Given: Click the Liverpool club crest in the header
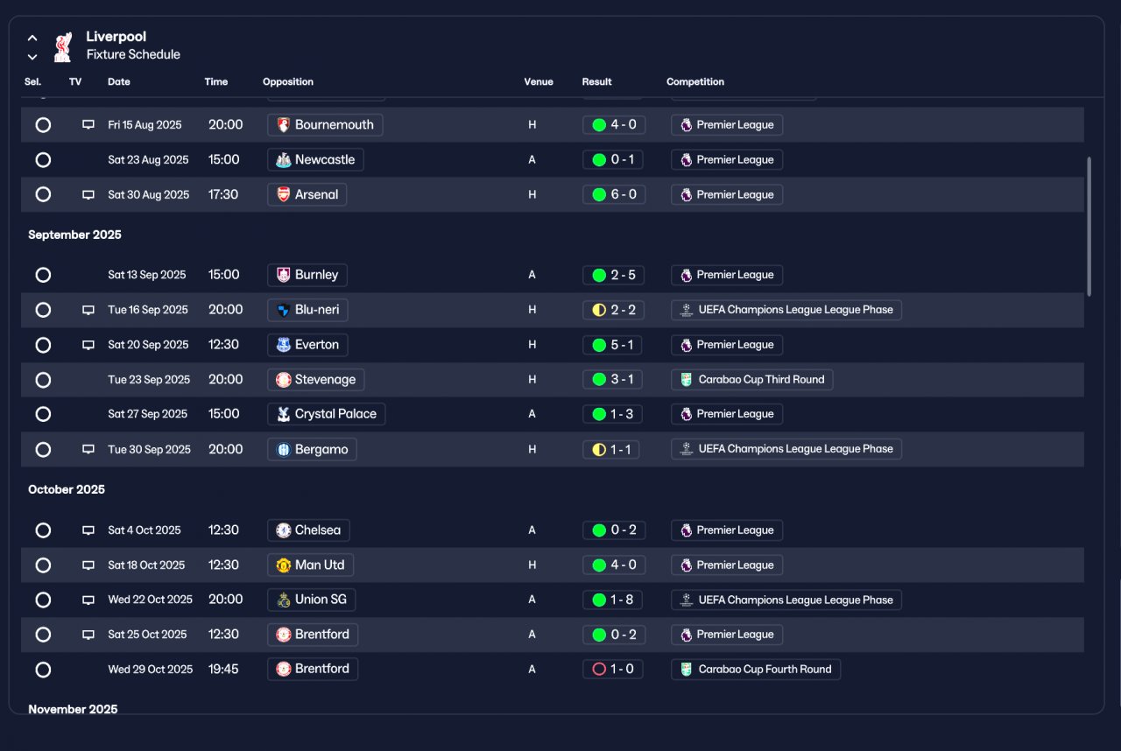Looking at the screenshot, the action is point(63,46).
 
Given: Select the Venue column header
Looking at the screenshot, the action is point(539,81).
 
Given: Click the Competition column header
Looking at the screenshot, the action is point(695,81).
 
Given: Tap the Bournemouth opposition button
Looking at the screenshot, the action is point(325,124).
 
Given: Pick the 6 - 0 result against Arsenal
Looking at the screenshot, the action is point(614,194).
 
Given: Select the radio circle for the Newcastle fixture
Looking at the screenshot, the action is point(43,159).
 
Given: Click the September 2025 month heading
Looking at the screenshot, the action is point(74,235).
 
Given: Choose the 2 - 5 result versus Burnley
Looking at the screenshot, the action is point(613,275).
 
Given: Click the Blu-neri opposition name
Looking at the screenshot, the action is point(317,310).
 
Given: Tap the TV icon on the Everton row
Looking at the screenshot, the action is point(88,345).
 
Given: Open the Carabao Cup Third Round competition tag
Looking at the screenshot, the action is point(751,380).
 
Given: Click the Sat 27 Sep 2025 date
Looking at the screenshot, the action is point(148,413).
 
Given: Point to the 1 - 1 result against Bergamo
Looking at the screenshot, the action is point(611,449).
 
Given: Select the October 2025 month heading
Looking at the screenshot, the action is point(67,489).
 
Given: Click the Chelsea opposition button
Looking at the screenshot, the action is point(308,530).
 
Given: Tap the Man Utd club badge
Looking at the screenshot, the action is point(283,565).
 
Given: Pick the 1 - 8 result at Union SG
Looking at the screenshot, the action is point(612,600).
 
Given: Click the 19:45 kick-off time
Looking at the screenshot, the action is point(223,669).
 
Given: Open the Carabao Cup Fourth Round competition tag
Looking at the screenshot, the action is point(756,669).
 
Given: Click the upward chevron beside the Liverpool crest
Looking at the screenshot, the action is point(32,38).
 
